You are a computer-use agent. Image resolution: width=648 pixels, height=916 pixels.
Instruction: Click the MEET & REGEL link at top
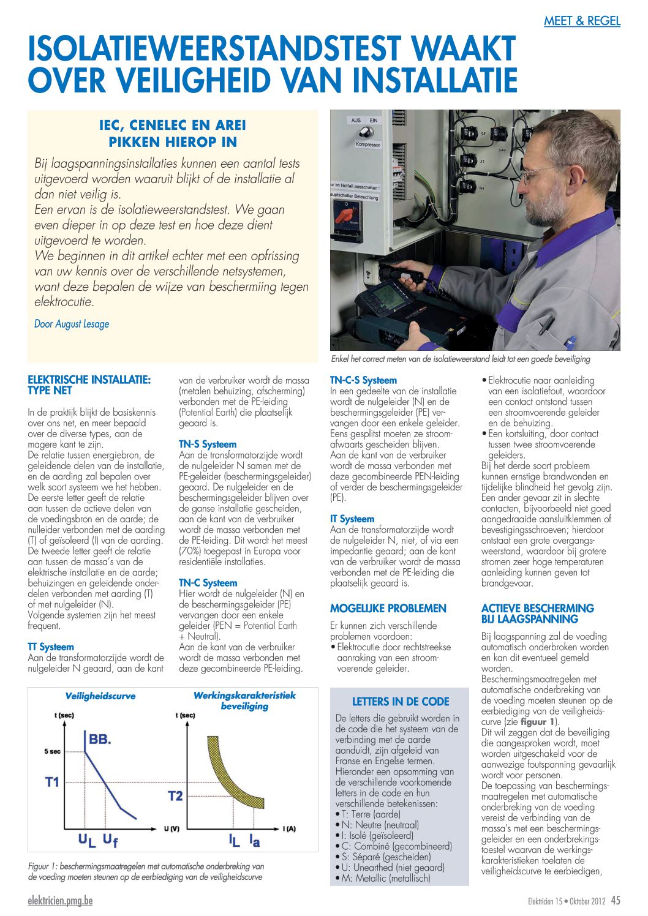click(582, 21)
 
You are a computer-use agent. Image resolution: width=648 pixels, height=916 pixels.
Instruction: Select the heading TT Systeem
click(51, 647)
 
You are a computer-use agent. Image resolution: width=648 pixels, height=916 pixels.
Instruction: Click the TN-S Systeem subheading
click(208, 444)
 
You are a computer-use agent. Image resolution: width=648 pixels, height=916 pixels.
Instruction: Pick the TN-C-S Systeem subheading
click(363, 380)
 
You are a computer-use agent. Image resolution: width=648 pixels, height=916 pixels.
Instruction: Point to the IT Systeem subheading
click(352, 519)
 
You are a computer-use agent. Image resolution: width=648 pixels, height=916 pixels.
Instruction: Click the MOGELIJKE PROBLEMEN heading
click(388, 608)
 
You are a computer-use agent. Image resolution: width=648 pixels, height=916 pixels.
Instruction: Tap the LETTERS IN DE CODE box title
click(401, 702)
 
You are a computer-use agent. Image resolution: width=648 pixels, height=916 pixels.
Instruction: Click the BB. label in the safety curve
click(100, 739)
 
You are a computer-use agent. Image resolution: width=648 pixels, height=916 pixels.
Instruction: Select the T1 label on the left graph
click(53, 782)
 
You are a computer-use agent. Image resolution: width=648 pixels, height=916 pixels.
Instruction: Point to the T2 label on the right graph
click(175, 796)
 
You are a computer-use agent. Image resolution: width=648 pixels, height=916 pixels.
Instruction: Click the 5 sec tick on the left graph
click(52, 751)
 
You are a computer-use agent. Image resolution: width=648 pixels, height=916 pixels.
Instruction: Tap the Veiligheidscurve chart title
click(100, 696)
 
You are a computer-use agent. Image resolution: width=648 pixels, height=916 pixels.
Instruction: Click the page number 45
click(616, 900)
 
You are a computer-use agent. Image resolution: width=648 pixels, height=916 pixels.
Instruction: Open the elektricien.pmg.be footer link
click(60, 900)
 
